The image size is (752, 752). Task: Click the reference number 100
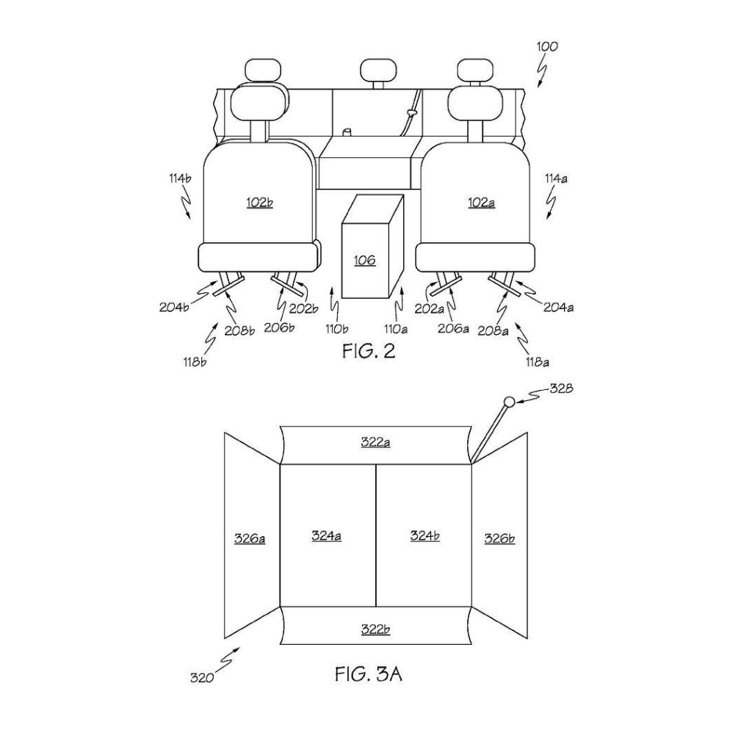pos(547,46)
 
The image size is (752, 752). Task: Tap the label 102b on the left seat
pos(259,203)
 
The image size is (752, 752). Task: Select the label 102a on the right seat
pos(482,203)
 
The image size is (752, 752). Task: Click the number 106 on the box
pos(364,261)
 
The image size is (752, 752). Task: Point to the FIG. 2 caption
pos(369,351)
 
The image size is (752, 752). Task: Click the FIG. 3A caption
pos(369,674)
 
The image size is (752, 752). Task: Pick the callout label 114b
pos(180,178)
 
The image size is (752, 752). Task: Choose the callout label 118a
pos(537,362)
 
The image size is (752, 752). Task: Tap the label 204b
pos(173,307)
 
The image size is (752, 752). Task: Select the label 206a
pos(453,328)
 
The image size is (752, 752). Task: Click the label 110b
pos(336,329)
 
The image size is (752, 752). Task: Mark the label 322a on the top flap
pos(375,441)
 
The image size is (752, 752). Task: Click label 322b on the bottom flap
pos(375,629)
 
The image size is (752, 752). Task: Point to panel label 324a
pos(327,535)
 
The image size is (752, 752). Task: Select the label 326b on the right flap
pos(499,538)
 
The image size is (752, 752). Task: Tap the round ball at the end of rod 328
pos(509,402)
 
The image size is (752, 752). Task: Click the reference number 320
pos(202,678)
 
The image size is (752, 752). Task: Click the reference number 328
pos(561,388)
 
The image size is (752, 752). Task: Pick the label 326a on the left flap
pos(250,538)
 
